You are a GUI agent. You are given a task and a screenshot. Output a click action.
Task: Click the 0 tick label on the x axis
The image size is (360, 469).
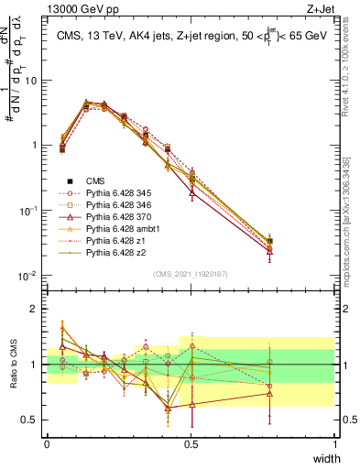click(48, 444)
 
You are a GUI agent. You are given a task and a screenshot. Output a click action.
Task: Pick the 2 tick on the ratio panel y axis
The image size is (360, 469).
click(35, 309)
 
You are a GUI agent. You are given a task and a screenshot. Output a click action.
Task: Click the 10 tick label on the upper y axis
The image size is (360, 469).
click(31, 80)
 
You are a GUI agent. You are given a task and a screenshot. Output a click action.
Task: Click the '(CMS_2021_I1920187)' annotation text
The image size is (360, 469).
click(191, 272)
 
